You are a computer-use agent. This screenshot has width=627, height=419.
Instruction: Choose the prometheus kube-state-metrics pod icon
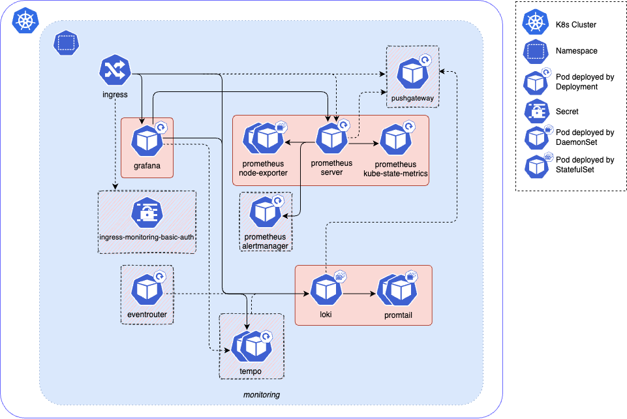click(x=395, y=139)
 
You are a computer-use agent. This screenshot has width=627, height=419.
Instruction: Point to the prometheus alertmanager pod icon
click(x=265, y=211)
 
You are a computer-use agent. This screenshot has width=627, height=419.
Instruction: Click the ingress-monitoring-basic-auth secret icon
click(x=147, y=213)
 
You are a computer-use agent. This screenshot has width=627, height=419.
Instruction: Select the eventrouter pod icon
click(x=147, y=289)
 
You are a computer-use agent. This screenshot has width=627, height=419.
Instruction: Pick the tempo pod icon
click(x=251, y=347)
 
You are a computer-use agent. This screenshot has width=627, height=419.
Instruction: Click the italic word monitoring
click(x=262, y=395)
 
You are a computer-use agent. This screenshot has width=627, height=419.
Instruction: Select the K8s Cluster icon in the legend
click(x=535, y=24)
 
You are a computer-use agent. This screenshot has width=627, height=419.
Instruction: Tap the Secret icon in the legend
click(x=535, y=112)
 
